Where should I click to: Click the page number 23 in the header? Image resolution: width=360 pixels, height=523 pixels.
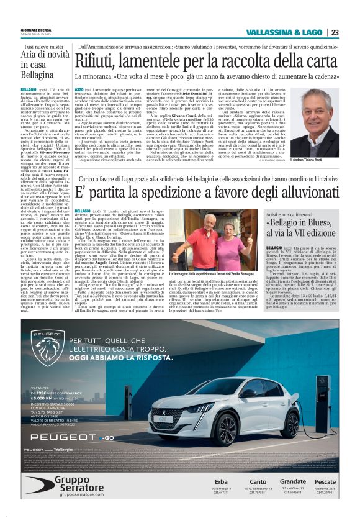coord(334,32)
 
